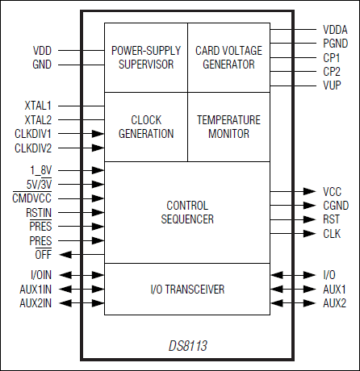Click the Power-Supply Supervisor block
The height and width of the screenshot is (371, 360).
[146, 56]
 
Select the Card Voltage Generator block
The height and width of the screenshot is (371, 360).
[228, 56]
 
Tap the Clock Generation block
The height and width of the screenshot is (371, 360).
[146, 127]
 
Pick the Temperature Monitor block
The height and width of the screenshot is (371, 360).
[228, 127]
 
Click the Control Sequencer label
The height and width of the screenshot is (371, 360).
[187, 212]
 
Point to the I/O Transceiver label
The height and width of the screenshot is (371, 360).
[187, 290]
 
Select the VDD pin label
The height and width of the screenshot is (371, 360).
[42, 50]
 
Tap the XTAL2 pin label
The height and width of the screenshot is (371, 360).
[38, 119]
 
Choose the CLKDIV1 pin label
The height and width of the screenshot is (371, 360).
[33, 133]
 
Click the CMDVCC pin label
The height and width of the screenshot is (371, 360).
[32, 198]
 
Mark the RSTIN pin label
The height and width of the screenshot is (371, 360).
[38, 212]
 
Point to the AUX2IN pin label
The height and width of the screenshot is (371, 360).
[35, 303]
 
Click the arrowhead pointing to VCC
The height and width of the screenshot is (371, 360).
[308, 192]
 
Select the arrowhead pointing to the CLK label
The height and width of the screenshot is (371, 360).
[308, 234]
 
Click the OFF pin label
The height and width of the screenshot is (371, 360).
[43, 254]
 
